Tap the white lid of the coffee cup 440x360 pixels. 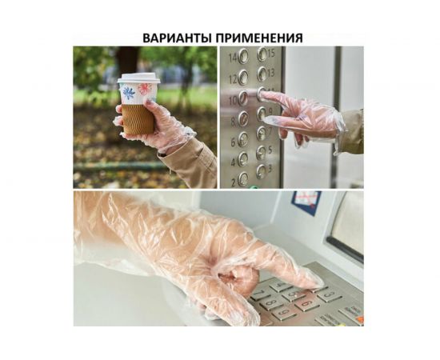[x=138, y=78]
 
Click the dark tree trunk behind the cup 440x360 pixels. [x=127, y=60]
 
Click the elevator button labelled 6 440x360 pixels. [x=242, y=138]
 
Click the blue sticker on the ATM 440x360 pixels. [x=306, y=203]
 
